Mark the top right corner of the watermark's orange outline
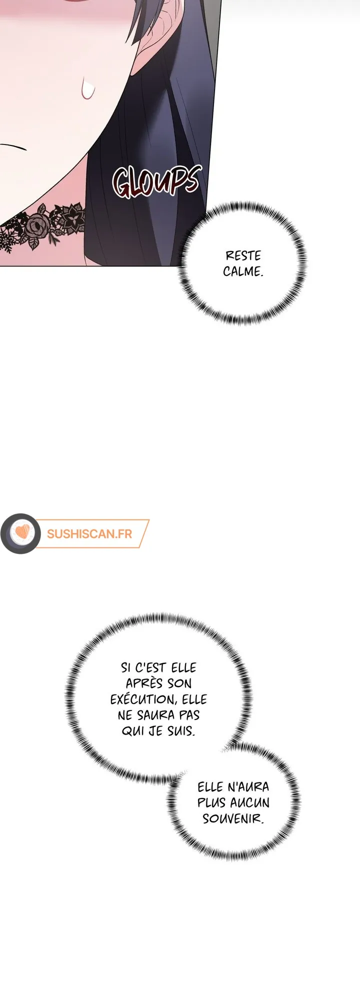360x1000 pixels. [149, 520]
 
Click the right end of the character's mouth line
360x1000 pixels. [27, 149]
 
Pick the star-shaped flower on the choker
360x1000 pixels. [75, 215]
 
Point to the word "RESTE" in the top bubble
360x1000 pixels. [243, 256]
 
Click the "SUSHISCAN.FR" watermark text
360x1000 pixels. [89, 534]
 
